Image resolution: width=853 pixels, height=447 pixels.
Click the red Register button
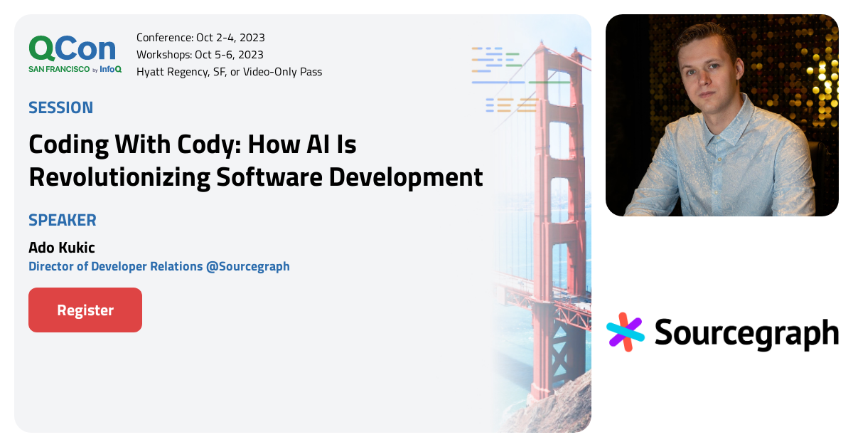tap(85, 310)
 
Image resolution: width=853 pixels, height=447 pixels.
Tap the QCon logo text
tap(72, 48)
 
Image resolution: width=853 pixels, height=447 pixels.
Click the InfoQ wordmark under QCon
tap(111, 69)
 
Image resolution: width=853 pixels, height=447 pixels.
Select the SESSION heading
tap(60, 108)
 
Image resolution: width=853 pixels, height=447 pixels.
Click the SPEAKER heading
tap(62, 220)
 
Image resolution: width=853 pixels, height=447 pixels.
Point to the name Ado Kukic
tap(61, 248)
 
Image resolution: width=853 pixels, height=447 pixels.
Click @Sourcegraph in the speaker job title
tap(247, 266)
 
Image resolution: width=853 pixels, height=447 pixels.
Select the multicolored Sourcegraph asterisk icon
tap(626, 332)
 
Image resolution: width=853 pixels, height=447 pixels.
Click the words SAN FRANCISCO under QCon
tap(59, 69)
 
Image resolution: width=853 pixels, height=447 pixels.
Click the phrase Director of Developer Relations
tap(115, 266)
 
